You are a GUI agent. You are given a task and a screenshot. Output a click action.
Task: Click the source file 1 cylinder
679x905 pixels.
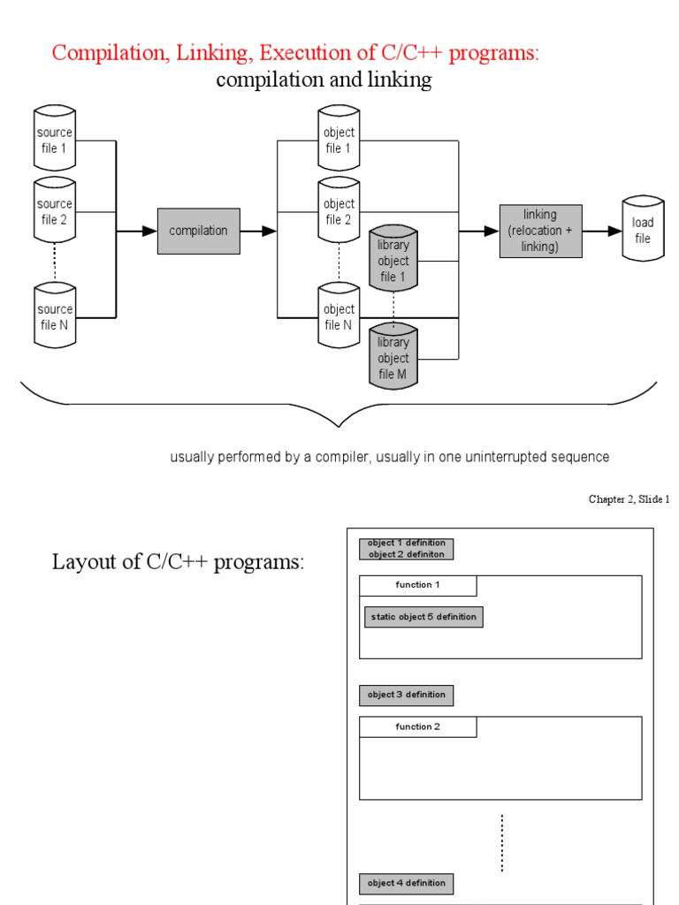coord(55,141)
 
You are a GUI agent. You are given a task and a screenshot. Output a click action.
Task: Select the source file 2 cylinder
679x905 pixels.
coord(55,212)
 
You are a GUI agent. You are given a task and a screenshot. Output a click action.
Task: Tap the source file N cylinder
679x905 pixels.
coord(55,316)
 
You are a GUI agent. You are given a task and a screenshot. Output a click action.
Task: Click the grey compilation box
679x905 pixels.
coord(199,231)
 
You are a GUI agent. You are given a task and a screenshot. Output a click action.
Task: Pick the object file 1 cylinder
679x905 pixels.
coord(339,141)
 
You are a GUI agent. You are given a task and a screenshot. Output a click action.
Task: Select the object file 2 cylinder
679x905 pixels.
coord(339,212)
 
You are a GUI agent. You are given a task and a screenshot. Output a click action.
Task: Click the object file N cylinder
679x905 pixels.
coord(339,316)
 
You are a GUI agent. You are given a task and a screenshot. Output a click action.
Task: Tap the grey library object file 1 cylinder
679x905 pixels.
coord(393,261)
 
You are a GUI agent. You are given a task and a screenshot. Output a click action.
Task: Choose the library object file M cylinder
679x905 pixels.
coord(393,358)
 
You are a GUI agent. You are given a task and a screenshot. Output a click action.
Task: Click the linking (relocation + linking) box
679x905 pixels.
coord(540,231)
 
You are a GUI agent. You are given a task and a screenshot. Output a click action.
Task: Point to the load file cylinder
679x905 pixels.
coord(643,230)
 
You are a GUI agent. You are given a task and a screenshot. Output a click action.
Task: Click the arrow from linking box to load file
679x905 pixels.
coord(602,231)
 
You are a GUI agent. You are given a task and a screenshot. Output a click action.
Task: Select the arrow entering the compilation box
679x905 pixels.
coord(136,231)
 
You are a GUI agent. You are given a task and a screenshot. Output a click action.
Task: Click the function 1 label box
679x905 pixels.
coord(417,585)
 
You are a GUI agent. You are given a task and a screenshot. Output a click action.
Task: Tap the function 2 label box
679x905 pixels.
coord(417,726)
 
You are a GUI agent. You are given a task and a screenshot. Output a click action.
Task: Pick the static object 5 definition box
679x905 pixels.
coord(423,617)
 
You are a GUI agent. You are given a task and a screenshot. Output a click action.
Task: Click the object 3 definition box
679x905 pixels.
coord(406,695)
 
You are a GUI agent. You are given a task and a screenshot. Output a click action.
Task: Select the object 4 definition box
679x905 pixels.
coord(406,883)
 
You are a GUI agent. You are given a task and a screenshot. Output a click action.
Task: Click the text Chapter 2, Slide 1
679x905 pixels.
coord(629,499)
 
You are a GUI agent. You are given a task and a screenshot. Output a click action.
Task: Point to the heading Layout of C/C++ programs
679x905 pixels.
coord(178,562)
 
